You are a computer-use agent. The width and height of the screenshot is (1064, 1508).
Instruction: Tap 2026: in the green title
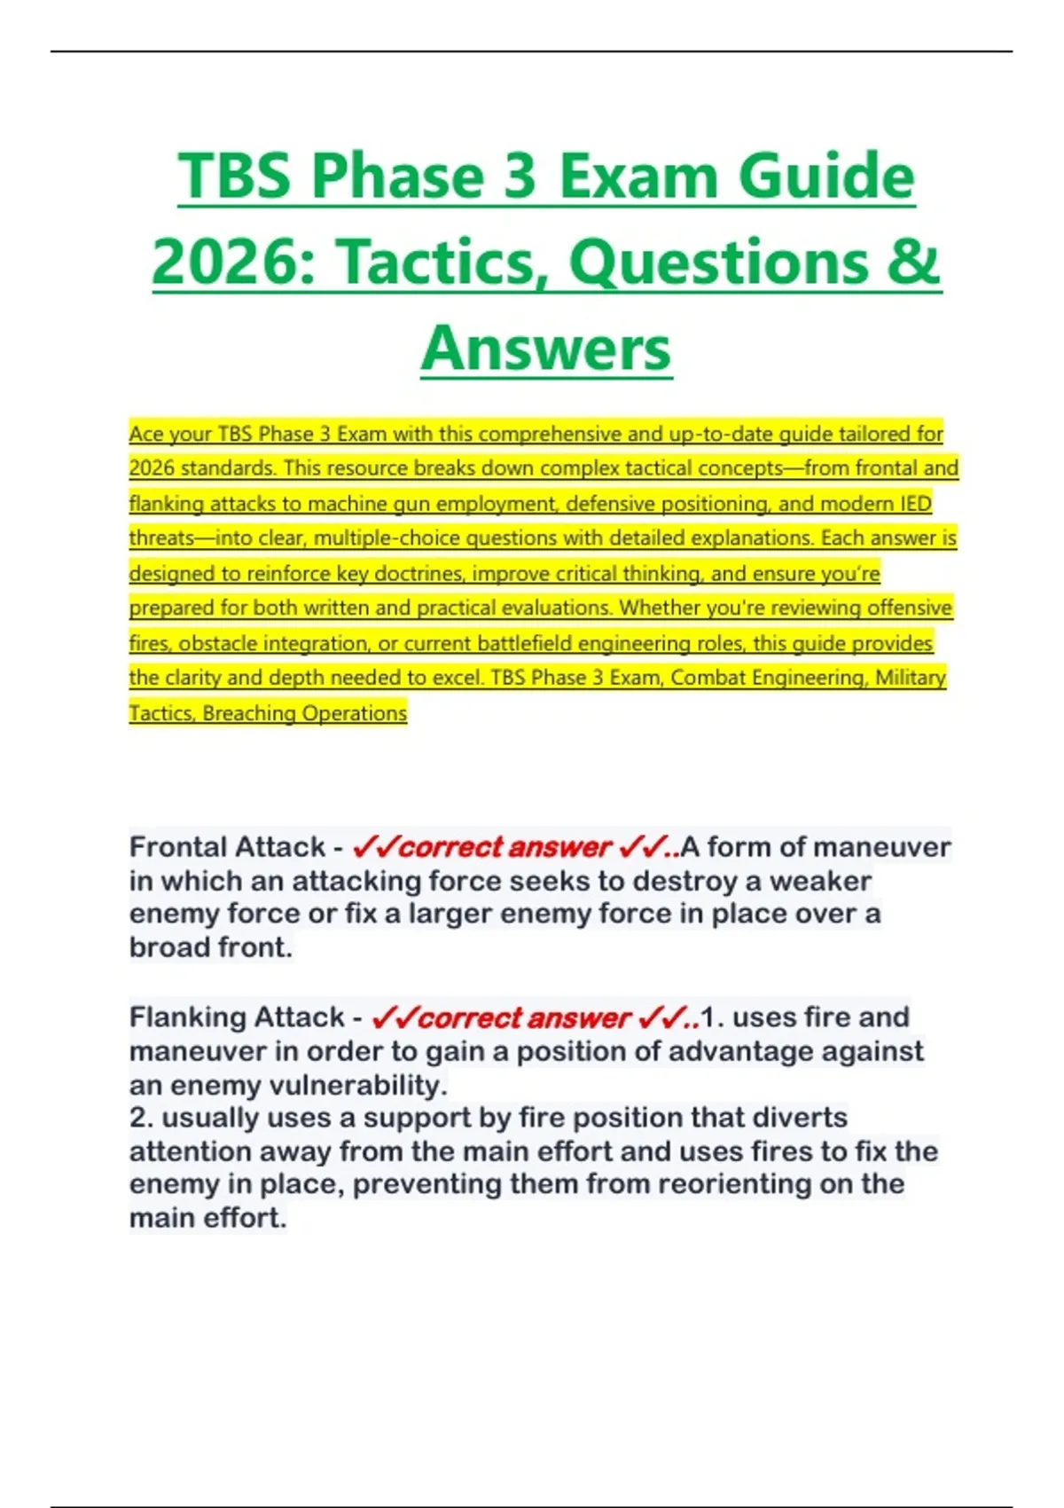click(234, 263)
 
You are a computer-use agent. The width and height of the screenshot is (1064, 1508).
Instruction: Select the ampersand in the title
click(914, 263)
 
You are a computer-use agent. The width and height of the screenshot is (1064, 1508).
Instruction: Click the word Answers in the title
click(546, 349)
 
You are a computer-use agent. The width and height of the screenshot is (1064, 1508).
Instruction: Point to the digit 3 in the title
click(520, 176)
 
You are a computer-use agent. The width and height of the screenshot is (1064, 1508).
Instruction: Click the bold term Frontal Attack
click(227, 847)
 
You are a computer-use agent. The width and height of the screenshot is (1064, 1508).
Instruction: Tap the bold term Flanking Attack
click(237, 1017)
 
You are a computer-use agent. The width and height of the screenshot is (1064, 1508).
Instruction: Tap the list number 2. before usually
click(142, 1118)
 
